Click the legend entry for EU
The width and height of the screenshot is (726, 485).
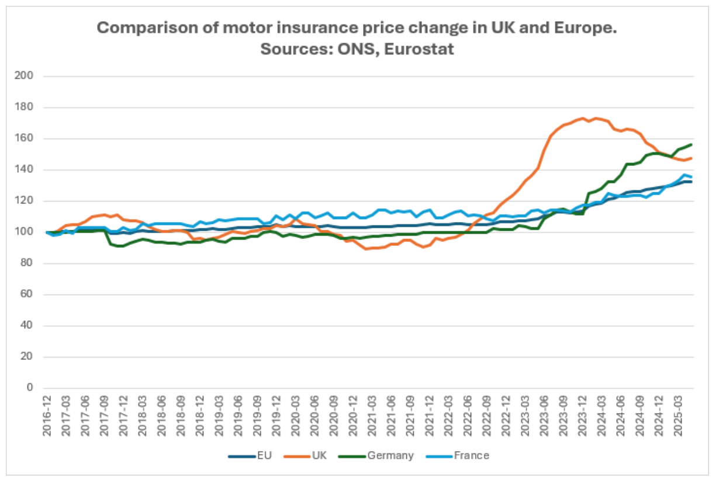tap(258, 455)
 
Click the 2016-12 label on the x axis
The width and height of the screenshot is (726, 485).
tap(47, 416)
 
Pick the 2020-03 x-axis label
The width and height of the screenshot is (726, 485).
tap(296, 416)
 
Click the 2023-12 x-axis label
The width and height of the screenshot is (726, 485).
tap(582, 416)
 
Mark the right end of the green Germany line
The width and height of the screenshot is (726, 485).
tap(692, 144)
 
